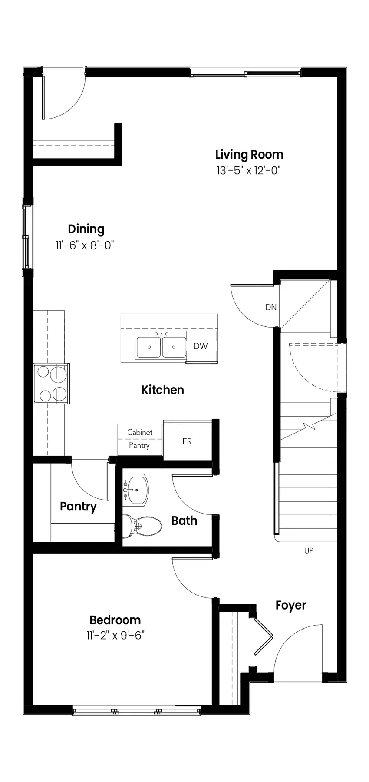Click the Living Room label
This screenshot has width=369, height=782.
pos(249,155)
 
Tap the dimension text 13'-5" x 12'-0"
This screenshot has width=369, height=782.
pos(249,170)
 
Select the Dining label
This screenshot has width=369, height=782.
pos(86,229)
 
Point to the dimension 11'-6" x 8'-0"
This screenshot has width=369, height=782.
pos(84,245)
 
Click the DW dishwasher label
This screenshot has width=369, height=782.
pos(201,346)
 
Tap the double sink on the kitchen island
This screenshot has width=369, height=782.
pos(161,346)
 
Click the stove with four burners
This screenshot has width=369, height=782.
pos(52,384)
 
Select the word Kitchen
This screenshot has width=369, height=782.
pos(163,390)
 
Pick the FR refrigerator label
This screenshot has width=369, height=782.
pos(187,441)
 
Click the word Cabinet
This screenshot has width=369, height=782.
pos(140,432)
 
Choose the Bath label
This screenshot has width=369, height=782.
pos(184,521)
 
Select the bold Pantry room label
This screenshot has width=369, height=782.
pos(78,507)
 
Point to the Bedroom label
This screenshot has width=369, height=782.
pos(115,620)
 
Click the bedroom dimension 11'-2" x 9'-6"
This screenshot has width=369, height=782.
pos(115,636)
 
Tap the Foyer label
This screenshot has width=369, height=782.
pos(291,606)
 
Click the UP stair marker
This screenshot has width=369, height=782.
pos(309,551)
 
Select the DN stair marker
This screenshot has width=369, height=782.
pos(271,307)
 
